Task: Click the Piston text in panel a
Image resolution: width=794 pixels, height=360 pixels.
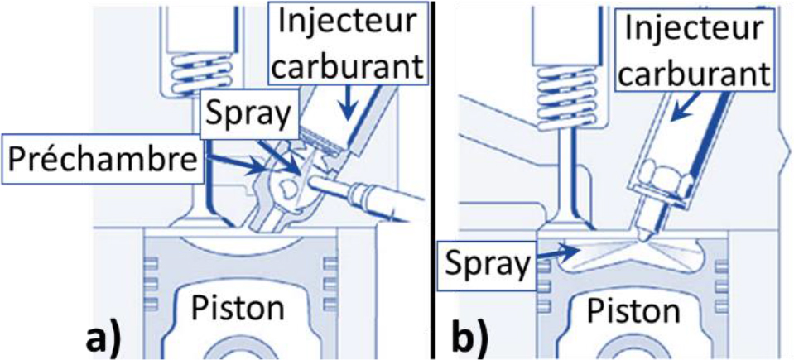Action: coord(239,308)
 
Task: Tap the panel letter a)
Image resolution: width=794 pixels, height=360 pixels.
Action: coord(108,336)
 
